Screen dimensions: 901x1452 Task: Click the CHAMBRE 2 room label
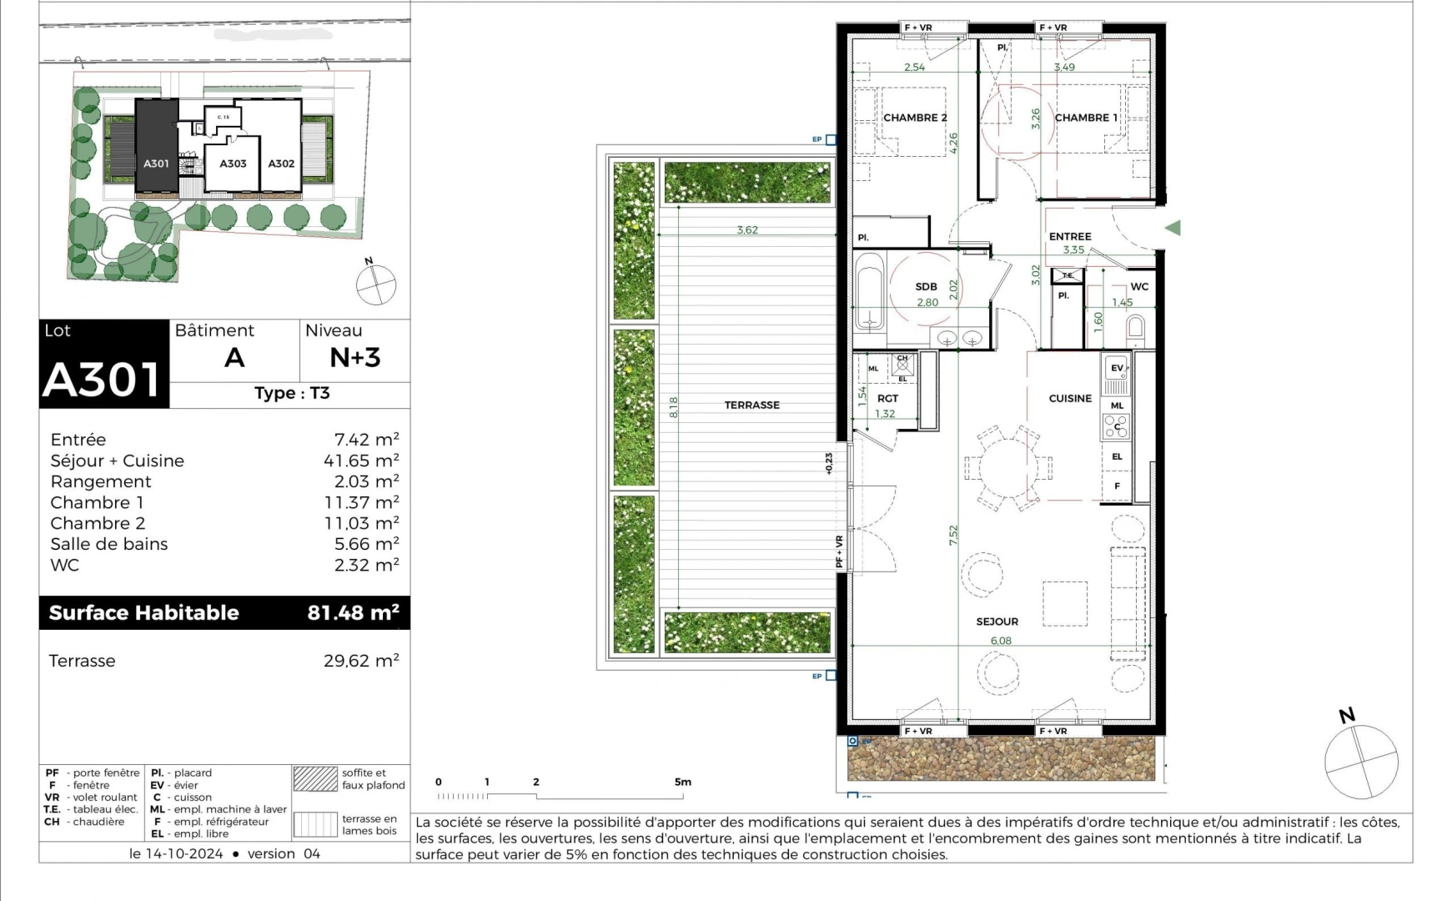pyautogui.click(x=914, y=118)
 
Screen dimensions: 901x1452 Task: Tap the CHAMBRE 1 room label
pyautogui.click(x=1086, y=118)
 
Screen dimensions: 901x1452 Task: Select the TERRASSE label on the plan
pyautogui.click(x=751, y=405)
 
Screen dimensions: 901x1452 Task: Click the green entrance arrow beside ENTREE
pyautogui.click(x=1173, y=227)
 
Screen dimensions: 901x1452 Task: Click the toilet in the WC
pyautogui.click(x=1134, y=331)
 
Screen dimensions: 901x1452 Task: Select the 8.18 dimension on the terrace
pyautogui.click(x=674, y=407)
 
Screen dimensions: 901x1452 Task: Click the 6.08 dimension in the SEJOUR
pyautogui.click(x=1001, y=641)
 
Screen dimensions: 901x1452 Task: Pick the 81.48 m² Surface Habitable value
pyautogui.click(x=353, y=612)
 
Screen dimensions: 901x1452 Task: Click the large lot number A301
pyautogui.click(x=102, y=380)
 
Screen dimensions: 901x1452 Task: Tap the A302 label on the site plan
pyautogui.click(x=281, y=164)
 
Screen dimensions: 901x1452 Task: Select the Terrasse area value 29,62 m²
pyautogui.click(x=361, y=661)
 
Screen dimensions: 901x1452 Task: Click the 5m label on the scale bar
pyautogui.click(x=683, y=782)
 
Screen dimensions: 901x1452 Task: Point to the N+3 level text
pyautogui.click(x=354, y=357)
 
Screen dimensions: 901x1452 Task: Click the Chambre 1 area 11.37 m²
pyautogui.click(x=361, y=502)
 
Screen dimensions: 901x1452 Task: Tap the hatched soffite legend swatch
pyautogui.click(x=314, y=778)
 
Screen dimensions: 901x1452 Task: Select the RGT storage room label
pyautogui.click(x=887, y=398)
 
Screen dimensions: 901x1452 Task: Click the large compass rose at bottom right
pyautogui.click(x=1360, y=759)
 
